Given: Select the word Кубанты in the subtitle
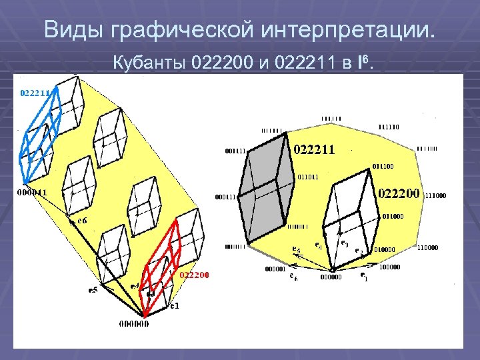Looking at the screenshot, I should pyautogui.click(x=149, y=64).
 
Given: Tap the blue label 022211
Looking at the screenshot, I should pyautogui.click(x=33, y=93).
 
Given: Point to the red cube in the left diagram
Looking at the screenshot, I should pyautogui.click(x=161, y=267).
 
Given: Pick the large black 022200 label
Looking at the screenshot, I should pyautogui.click(x=399, y=193).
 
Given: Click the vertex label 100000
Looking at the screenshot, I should pyautogui.click(x=389, y=267).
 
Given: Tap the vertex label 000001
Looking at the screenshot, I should pyautogui.click(x=275, y=269).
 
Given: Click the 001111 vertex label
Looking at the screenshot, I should pyautogui.click(x=235, y=151).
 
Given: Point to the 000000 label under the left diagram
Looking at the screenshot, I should pyautogui.click(x=134, y=324).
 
